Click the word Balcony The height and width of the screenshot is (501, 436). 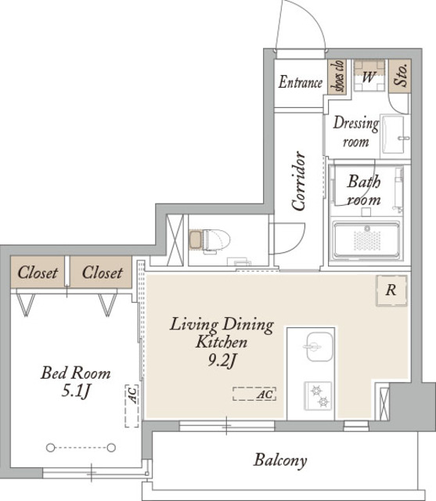pyautogui.click(x=280, y=460)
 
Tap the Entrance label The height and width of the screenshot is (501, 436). pyautogui.click(x=301, y=82)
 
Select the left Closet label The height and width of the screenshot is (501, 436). pyautogui.click(x=38, y=272)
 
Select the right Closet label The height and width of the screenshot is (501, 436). pyautogui.click(x=103, y=272)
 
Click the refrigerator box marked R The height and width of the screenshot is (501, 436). pyautogui.click(x=391, y=290)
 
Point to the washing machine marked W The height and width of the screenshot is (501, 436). pyautogui.click(x=369, y=76)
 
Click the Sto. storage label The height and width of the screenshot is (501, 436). pyautogui.click(x=401, y=75)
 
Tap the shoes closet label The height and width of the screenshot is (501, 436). pyautogui.click(x=337, y=77)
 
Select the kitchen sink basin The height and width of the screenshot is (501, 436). pyautogui.click(x=319, y=347)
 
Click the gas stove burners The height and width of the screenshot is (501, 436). pyautogui.click(x=319, y=395)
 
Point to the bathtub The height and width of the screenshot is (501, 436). pyautogui.click(x=366, y=240)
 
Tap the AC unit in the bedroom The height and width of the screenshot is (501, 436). pyautogui.click(x=132, y=405)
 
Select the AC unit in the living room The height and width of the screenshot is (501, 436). pyautogui.click(x=254, y=394)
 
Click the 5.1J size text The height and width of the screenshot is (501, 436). pyautogui.click(x=76, y=391)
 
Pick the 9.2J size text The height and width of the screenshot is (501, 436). pyautogui.click(x=222, y=361)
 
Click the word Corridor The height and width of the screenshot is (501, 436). pyautogui.click(x=299, y=181)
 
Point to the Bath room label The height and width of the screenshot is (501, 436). pyautogui.click(x=364, y=190)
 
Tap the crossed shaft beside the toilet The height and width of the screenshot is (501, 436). pyautogui.click(x=175, y=240)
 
